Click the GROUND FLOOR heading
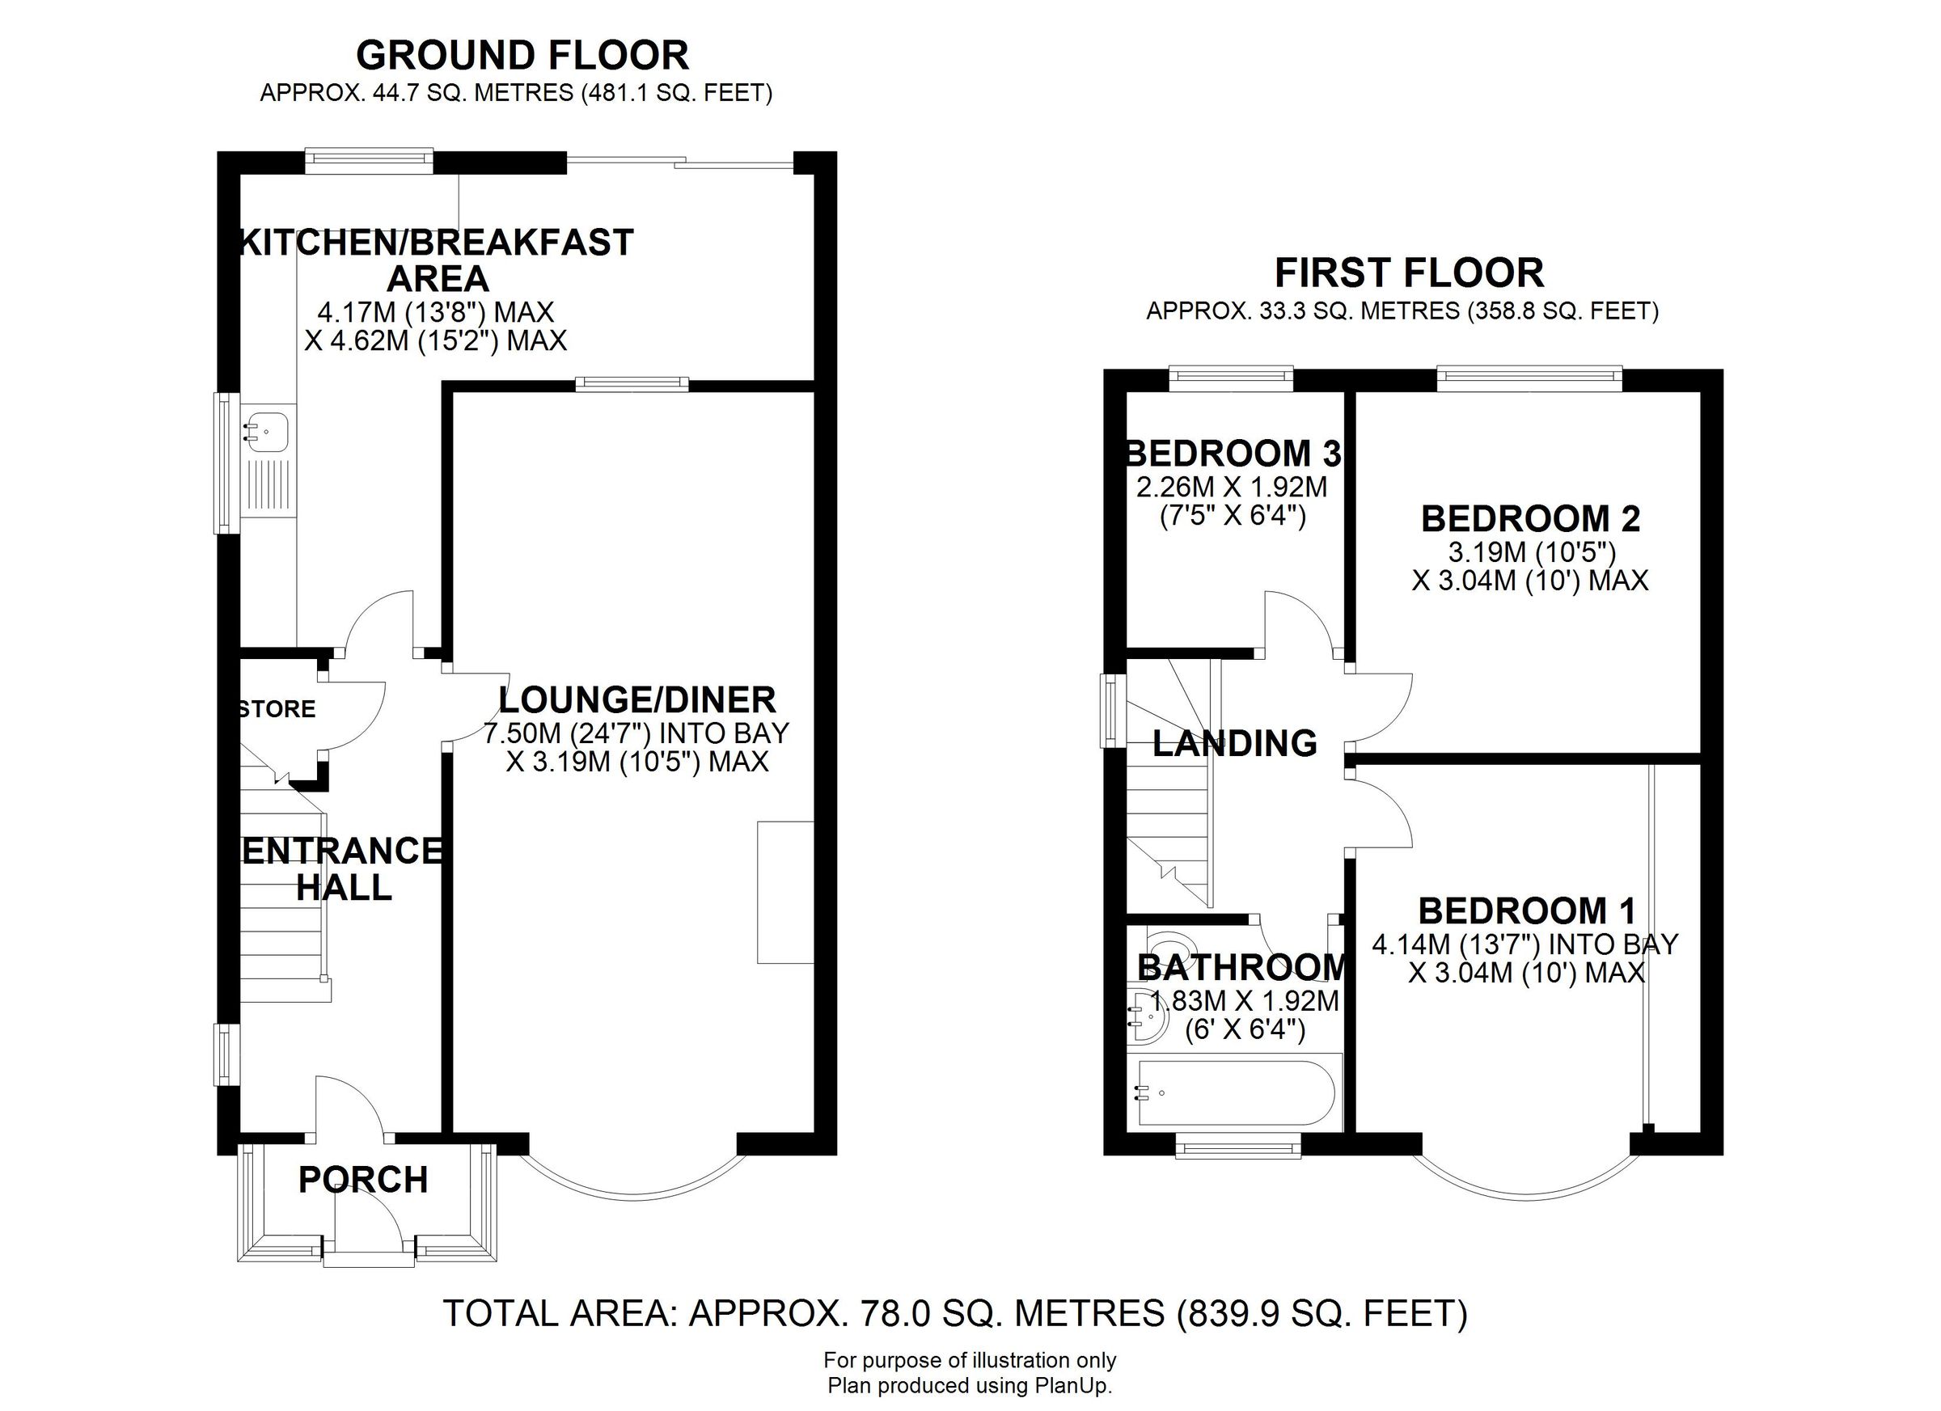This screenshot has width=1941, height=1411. [x=522, y=57]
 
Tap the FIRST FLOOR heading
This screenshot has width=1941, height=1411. [x=1409, y=274]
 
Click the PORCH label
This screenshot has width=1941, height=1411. [x=363, y=1180]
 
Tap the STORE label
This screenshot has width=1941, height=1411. [x=277, y=708]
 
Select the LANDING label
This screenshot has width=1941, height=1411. [x=1234, y=743]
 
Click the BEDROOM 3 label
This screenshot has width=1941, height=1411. [x=1233, y=453]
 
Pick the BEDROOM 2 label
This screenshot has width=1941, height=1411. [x=1530, y=518]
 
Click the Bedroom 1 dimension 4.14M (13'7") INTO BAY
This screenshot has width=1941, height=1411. [x=1525, y=944]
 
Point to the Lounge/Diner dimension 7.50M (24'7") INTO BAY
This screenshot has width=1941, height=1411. [x=636, y=733]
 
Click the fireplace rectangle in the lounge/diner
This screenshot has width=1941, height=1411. [x=784, y=892]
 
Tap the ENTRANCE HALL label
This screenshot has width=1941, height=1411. [x=342, y=868]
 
